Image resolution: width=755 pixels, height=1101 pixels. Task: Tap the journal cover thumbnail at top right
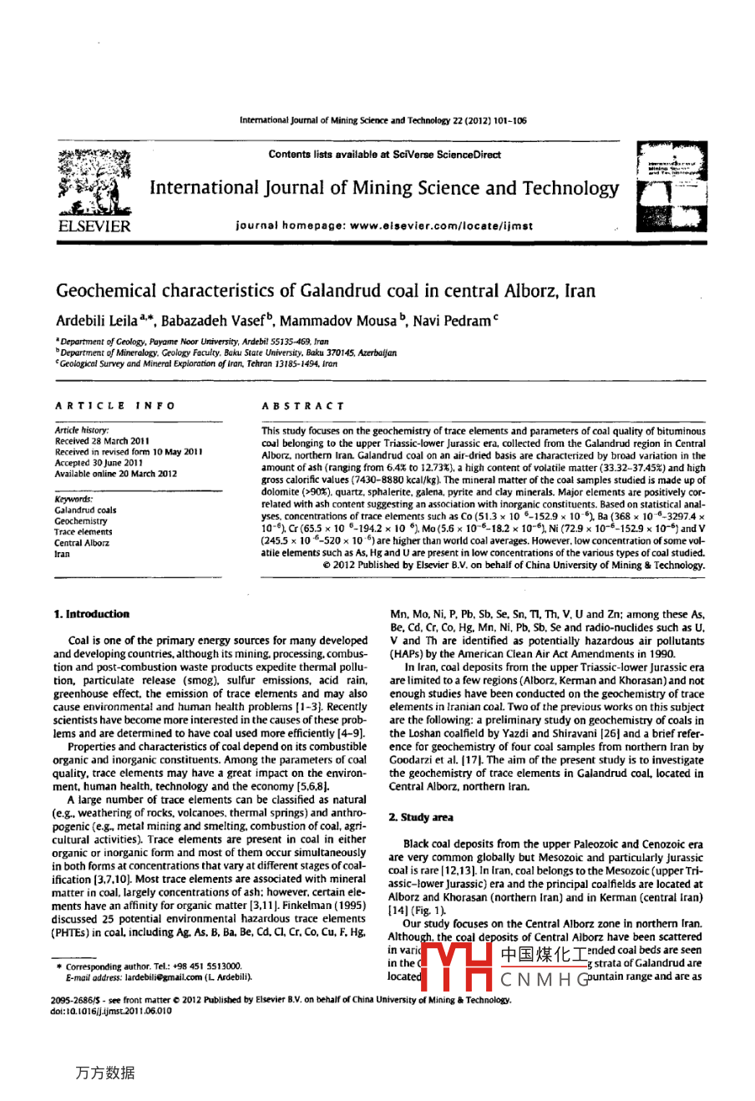pos(670,187)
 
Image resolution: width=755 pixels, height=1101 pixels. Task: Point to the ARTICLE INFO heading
pos(115,406)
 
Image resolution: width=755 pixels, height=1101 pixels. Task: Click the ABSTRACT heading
pos(302,406)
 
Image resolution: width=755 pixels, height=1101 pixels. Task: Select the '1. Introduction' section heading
pos(92,614)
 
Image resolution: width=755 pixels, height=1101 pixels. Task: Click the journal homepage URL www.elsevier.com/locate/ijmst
pos(446,226)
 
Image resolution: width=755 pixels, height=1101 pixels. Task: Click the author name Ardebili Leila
pos(97,321)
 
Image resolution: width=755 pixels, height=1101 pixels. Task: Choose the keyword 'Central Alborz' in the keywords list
pos(82,542)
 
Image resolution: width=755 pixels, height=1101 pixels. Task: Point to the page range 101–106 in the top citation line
pos(509,120)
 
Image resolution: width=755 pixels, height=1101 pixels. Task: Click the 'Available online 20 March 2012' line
pos(116,473)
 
